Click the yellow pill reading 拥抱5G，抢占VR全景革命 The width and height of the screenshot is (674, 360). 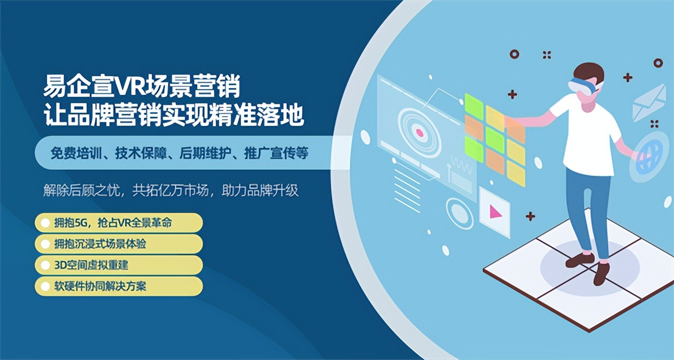point(118,223)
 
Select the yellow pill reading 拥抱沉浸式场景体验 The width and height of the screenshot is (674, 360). point(118,244)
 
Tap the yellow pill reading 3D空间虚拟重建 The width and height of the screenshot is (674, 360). point(118,265)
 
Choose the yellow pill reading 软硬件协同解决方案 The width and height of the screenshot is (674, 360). point(118,286)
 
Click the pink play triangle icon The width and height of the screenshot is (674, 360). point(496,212)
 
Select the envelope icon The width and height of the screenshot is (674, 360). point(649,102)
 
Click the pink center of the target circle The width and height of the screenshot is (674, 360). point(419,133)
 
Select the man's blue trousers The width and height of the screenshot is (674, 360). point(588,207)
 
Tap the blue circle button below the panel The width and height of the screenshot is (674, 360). point(459,213)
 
